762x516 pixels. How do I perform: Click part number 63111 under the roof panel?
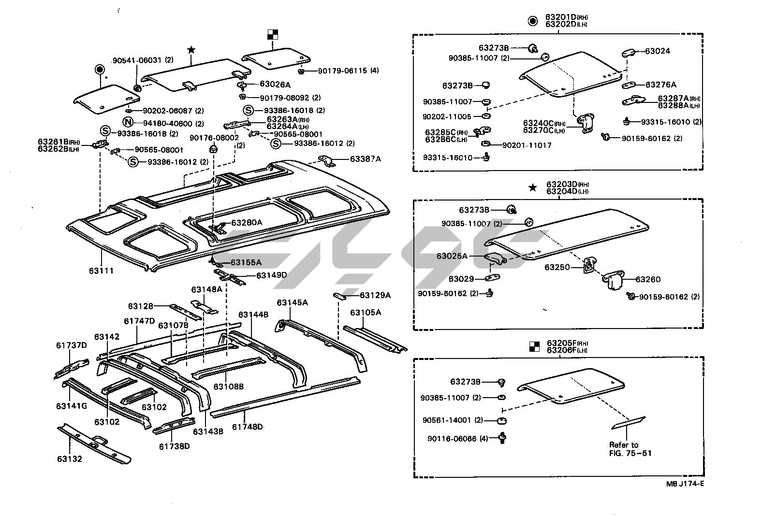pos(101,271)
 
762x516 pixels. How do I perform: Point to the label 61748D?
pos(247,427)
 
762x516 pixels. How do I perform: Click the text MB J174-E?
pos(681,484)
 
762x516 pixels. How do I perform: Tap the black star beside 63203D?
pos(532,188)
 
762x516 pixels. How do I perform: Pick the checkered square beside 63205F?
pos(534,346)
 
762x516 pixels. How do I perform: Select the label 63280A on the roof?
pos(247,223)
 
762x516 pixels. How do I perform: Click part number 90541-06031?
pos(137,60)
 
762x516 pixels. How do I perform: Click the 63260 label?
pos(648,279)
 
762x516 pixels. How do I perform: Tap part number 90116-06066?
pos(452,439)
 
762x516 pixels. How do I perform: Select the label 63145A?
pos(292,302)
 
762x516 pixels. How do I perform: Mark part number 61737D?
pos(71,345)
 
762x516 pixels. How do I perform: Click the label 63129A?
pos(375,295)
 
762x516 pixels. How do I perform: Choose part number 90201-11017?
pos(527,145)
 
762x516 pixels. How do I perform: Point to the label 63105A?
pos(366,313)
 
